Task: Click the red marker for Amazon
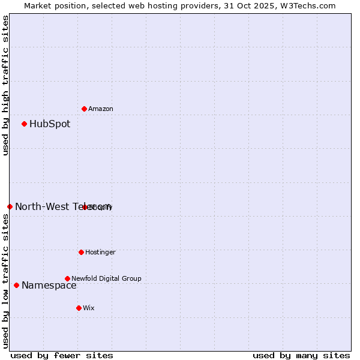85,109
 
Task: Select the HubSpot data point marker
25,124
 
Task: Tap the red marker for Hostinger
81,252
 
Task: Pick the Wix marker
79,308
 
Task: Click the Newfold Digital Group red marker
67,278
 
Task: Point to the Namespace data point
16,285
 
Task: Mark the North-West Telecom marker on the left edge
10,206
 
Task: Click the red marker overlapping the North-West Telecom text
85,207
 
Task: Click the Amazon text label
101,109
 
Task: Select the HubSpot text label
50,124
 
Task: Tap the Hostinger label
100,252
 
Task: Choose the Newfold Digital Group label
106,278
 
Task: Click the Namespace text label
49,285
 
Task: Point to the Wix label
89,308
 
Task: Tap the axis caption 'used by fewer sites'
62,355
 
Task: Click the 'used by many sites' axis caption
301,355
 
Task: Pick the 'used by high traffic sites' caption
5,85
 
